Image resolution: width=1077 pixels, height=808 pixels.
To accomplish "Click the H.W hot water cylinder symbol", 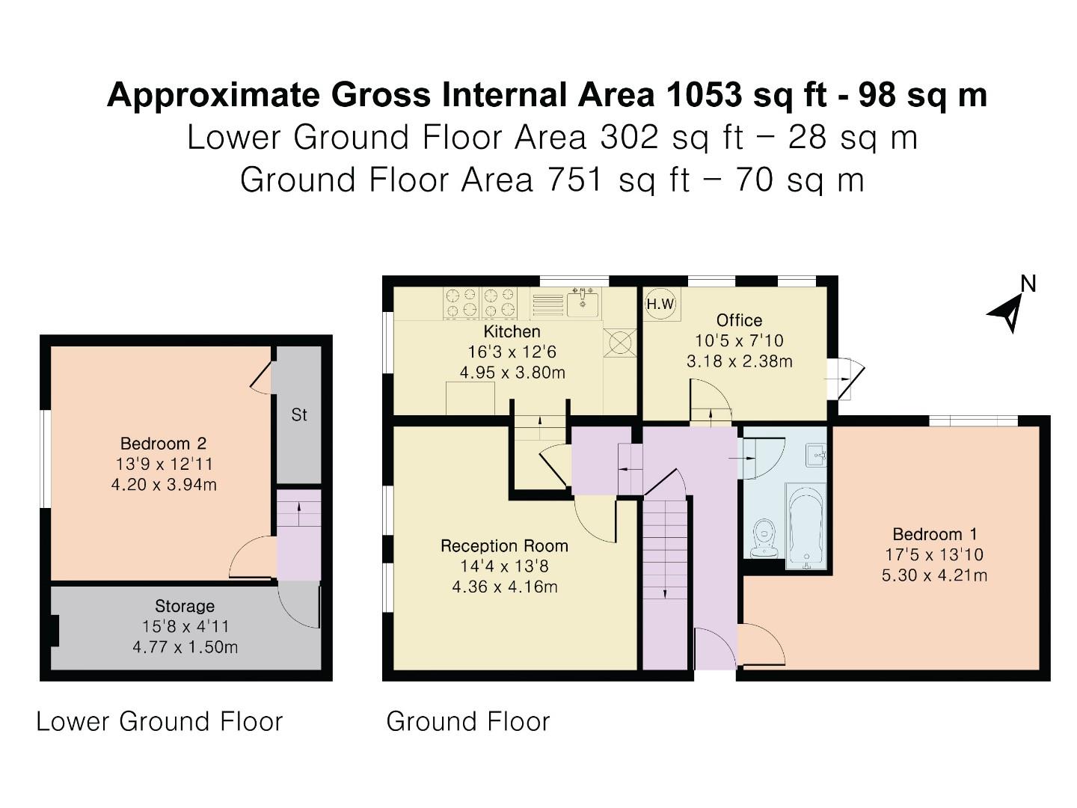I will pyautogui.click(x=660, y=304).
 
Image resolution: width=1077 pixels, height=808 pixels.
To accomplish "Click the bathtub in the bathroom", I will pyautogui.click(x=806, y=527).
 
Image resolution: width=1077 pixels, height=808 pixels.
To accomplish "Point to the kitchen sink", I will pyautogui.click(x=583, y=303).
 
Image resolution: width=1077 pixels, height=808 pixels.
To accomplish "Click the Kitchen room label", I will pyautogui.click(x=512, y=331).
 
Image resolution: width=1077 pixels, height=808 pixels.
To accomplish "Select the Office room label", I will pyautogui.click(x=739, y=320).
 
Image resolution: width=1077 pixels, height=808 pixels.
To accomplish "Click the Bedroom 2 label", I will pyautogui.click(x=163, y=444).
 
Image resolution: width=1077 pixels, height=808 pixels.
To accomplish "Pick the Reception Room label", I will pyautogui.click(x=504, y=546).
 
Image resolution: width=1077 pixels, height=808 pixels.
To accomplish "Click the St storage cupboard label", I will pyautogui.click(x=299, y=415).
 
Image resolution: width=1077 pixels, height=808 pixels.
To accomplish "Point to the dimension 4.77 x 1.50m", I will pyautogui.click(x=185, y=647).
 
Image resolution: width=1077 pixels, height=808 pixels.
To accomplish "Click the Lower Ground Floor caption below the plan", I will pyautogui.click(x=159, y=722).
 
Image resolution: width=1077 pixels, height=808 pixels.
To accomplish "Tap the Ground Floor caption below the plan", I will pyautogui.click(x=468, y=722).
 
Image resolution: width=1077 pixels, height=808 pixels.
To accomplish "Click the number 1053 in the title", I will pyautogui.click(x=705, y=96).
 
